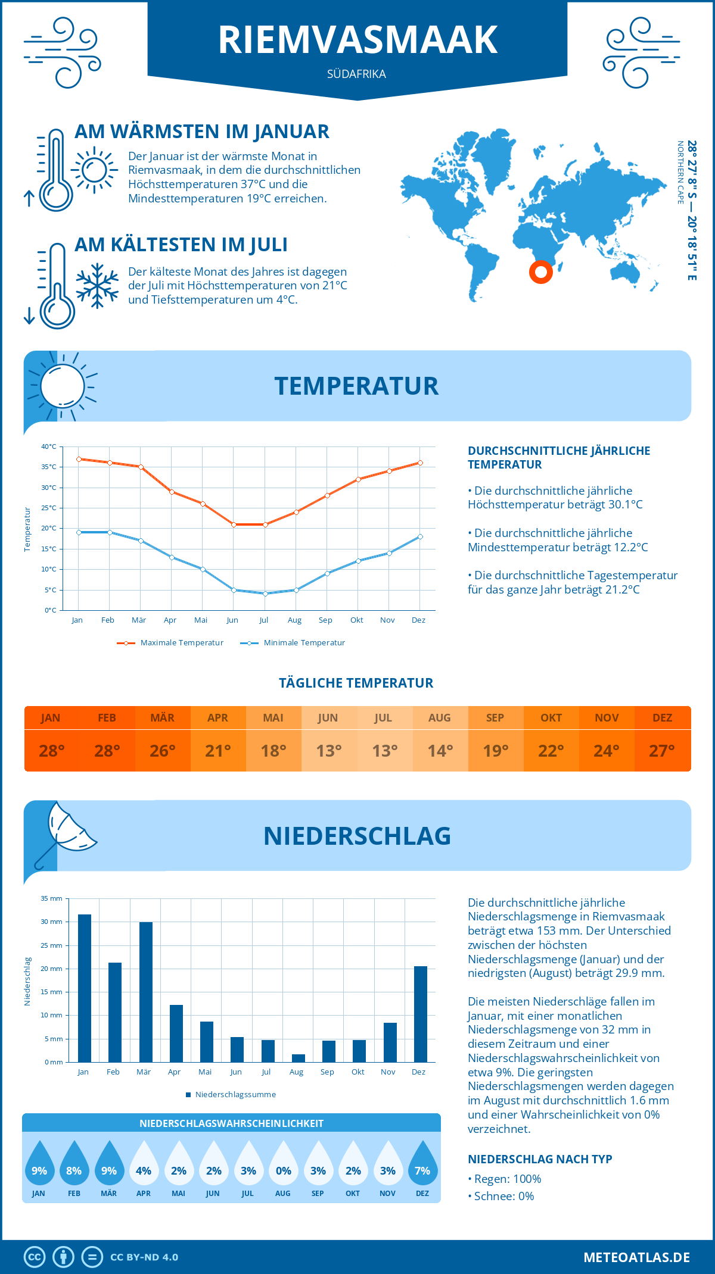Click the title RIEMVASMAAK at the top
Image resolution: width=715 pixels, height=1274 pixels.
[357, 40]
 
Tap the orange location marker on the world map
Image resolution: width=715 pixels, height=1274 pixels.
[541, 272]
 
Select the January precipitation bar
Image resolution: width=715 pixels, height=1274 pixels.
[85, 988]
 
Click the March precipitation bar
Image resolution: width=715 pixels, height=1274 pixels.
[146, 992]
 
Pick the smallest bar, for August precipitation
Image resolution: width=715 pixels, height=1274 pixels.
[299, 1058]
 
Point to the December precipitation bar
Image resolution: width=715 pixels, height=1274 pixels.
[421, 1014]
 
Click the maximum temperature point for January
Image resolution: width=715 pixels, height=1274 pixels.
[79, 459]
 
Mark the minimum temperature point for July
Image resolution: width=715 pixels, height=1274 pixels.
[265, 594]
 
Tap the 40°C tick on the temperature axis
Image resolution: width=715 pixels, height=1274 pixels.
[49, 446]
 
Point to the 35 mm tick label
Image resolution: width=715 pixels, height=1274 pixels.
[52, 898]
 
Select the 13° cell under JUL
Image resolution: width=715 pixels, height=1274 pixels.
[384, 751]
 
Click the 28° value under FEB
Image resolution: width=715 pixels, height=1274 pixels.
[107, 751]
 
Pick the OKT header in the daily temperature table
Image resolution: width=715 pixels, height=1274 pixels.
[551, 718]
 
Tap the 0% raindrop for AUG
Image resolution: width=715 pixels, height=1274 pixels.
[284, 1166]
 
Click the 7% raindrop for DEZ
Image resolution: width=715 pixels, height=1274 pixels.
[422, 1166]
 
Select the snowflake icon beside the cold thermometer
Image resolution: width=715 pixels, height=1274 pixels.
[97, 286]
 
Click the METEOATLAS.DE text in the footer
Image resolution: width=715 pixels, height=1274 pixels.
[636, 1257]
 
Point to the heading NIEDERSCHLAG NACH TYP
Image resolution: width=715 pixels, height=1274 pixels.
[540, 1159]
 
